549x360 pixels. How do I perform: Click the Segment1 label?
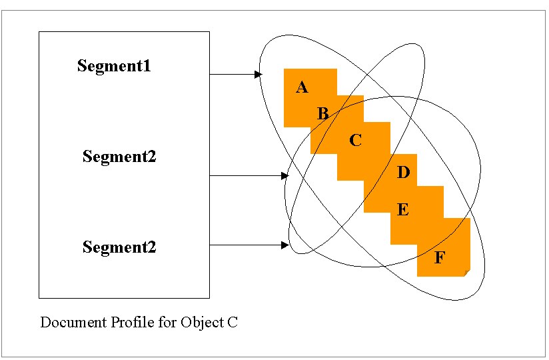click(114, 66)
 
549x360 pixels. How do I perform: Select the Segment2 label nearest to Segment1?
click(119, 157)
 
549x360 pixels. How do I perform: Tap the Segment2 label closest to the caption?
click(119, 247)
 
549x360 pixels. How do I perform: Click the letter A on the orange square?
click(302, 87)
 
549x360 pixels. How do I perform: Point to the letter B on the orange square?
click(322, 114)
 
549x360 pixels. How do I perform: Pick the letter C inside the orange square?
click(355, 141)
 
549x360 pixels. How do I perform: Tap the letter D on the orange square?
click(403, 173)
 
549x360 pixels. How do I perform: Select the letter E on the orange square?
click(402, 210)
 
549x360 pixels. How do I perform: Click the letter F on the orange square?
click(439, 258)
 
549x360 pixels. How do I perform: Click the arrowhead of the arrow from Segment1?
click(259, 75)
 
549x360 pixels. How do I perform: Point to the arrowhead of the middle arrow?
click(285, 176)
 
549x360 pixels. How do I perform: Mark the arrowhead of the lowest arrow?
click(285, 245)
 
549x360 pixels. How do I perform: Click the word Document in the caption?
click(67, 323)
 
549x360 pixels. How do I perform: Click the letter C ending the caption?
click(233, 323)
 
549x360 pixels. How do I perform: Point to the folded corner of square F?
click(466, 273)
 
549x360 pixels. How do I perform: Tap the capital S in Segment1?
click(82, 66)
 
